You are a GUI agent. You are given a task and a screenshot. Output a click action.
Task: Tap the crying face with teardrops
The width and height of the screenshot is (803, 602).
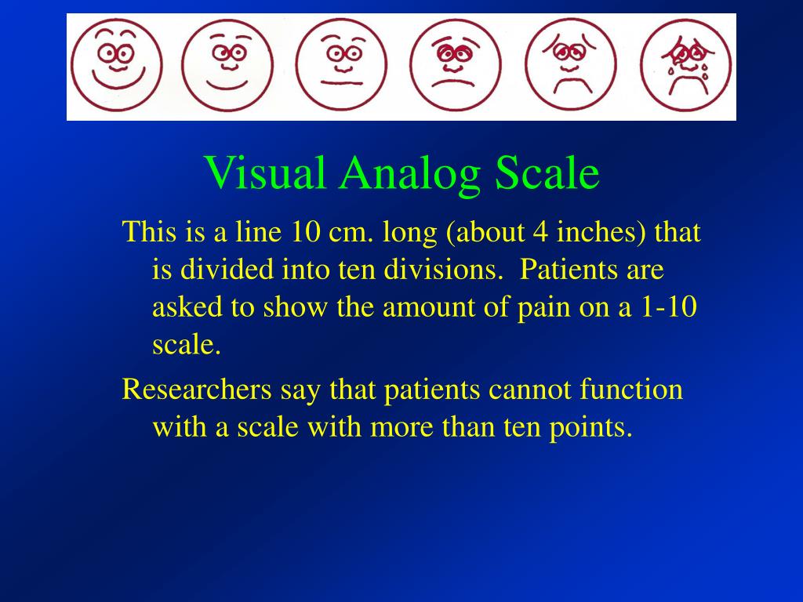(x=685, y=64)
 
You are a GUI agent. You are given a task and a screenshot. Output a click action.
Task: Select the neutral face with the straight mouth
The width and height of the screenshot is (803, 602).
(x=343, y=64)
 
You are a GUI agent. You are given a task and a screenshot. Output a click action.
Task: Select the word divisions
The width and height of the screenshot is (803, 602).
(x=441, y=270)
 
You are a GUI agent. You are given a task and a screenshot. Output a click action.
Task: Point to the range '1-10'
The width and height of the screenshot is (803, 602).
(x=669, y=307)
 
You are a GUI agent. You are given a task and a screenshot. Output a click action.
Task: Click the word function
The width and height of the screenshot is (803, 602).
(x=632, y=390)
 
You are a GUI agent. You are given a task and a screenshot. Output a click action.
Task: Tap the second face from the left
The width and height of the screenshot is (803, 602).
(x=229, y=64)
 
